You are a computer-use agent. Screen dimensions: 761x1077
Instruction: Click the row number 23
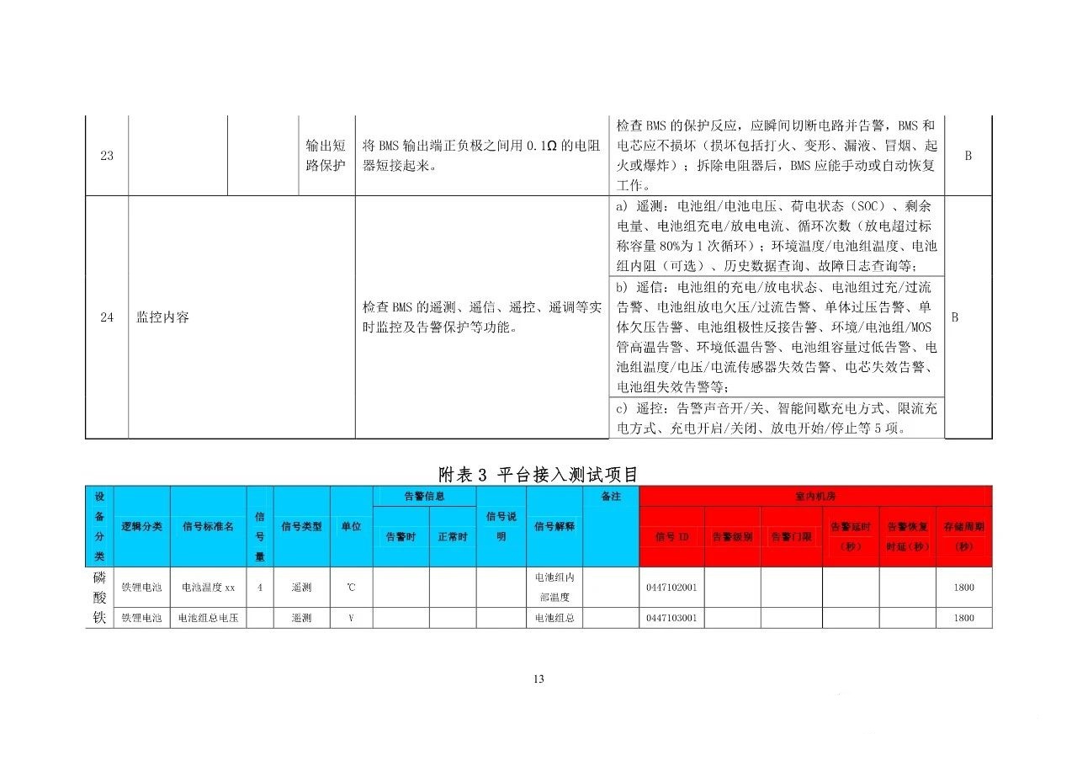(107, 156)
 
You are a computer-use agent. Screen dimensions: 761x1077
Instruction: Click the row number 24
(107, 317)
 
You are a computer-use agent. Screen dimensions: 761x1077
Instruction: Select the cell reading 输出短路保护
(325, 156)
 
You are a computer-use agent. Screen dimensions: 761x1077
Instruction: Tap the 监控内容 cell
(163, 317)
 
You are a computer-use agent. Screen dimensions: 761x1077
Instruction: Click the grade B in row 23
(968, 156)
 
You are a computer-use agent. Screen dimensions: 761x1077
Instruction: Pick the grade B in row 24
(955, 317)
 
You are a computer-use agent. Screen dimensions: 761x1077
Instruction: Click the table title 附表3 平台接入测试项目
(538, 474)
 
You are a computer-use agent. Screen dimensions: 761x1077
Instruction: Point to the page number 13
(538, 679)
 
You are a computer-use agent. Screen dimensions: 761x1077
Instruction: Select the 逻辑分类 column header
(141, 527)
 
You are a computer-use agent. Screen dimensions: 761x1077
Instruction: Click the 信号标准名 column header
(208, 527)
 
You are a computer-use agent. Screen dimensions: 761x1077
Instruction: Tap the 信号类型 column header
(301, 527)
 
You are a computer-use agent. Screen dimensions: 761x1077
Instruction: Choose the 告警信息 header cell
(424, 497)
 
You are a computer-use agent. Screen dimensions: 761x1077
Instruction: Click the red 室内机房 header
(815, 497)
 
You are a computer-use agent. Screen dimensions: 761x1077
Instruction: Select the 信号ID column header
(671, 536)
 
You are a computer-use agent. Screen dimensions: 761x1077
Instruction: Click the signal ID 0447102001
(671, 588)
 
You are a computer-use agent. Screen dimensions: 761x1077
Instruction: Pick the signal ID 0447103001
(671, 618)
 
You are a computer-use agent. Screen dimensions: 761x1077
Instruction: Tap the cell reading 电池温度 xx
(208, 588)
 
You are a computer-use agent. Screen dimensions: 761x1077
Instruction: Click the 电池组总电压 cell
(208, 618)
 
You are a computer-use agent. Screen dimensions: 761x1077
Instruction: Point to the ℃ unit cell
(351, 588)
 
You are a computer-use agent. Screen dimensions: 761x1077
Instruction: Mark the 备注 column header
(611, 497)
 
